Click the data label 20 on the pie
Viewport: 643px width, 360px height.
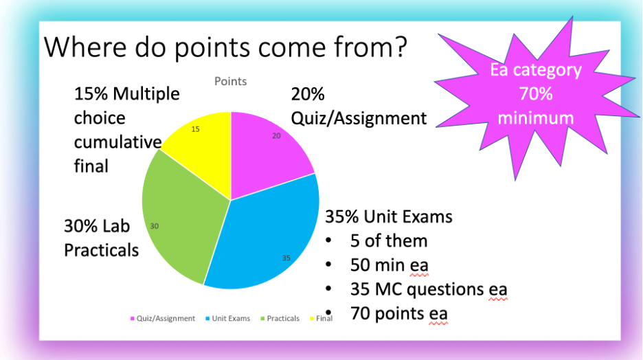[x=276, y=136]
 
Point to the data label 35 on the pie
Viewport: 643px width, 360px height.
[x=286, y=258]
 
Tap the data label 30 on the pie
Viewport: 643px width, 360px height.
[x=154, y=226]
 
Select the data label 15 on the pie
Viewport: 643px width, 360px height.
[x=196, y=129]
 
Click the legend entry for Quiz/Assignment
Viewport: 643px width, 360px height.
[x=162, y=319]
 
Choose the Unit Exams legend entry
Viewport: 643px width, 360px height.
[x=227, y=319]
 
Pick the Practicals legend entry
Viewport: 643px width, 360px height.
[x=280, y=319]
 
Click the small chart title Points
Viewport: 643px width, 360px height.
[x=230, y=81]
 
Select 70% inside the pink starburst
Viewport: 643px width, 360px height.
[x=536, y=94]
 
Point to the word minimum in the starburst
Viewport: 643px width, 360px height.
[x=536, y=118]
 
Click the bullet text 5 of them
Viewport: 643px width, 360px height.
[x=389, y=240]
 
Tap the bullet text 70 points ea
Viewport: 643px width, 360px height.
[x=399, y=314]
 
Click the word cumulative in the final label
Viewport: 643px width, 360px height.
[x=117, y=142]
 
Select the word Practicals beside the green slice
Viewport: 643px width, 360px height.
[x=101, y=250]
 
